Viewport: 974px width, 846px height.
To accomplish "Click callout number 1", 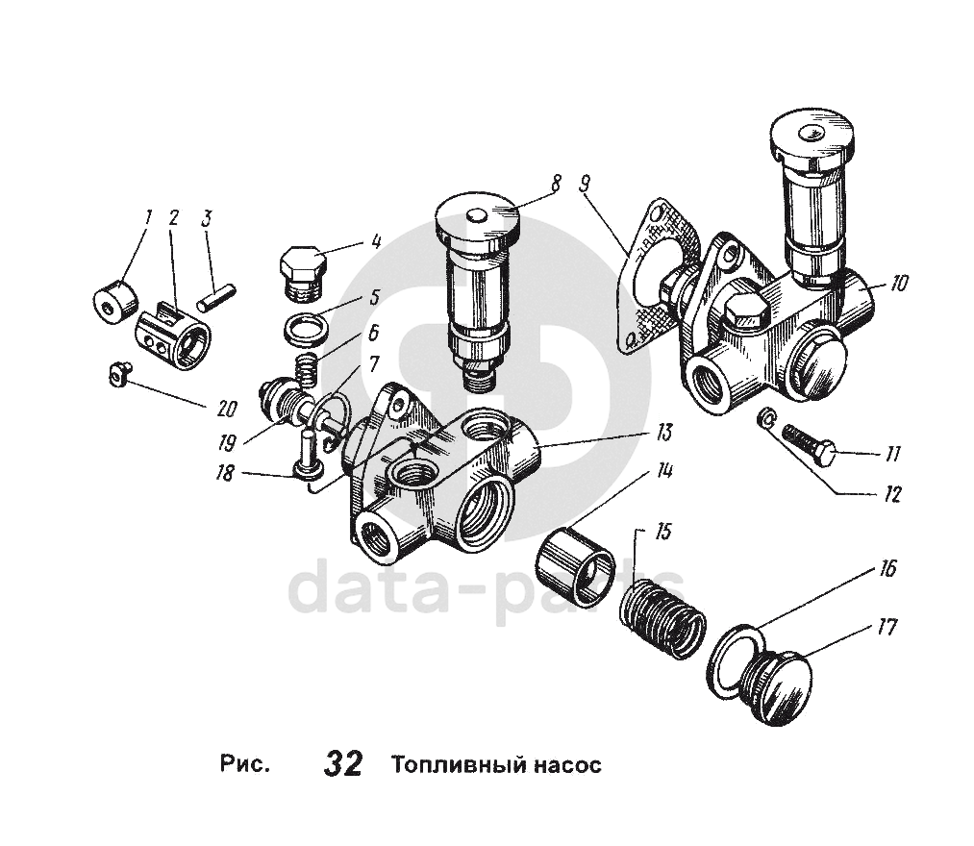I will point(147,217).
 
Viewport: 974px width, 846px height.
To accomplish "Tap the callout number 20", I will point(227,409).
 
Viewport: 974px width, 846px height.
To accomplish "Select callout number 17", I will point(886,627).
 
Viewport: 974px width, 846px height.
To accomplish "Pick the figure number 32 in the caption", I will point(343,764).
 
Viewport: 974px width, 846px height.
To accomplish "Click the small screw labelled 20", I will point(116,376).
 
